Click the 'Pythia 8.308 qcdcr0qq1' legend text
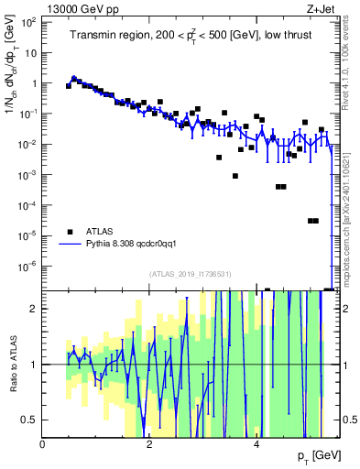point(136,245)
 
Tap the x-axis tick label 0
point(43,444)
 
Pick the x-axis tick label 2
point(150,444)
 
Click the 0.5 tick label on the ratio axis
point(29,420)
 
